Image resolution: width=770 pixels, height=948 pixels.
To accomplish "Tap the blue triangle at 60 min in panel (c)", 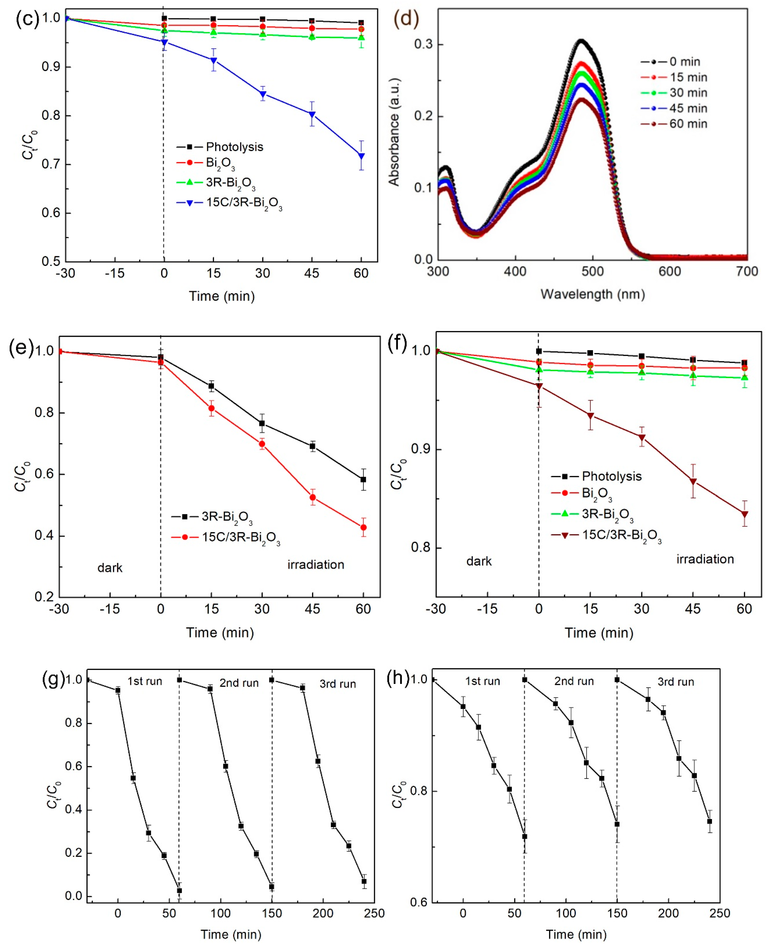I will tap(361, 156).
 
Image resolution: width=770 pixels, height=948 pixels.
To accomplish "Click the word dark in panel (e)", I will tap(109, 568).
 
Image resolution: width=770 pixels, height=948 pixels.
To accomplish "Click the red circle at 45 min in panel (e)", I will tap(313, 497).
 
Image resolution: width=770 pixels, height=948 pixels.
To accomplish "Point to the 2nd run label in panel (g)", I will tap(239, 683).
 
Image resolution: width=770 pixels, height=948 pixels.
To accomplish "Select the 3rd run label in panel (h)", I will tap(675, 682).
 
